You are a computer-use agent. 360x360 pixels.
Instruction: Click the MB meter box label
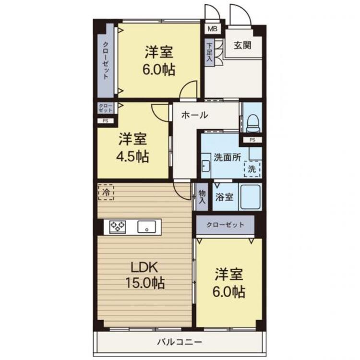coord(212,29)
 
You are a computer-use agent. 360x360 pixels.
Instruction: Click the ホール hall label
coord(194,115)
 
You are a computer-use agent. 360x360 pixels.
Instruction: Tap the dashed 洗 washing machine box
coord(252,169)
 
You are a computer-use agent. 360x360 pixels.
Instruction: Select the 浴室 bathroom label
coord(224,197)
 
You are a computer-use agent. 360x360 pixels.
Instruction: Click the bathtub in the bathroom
coord(250,196)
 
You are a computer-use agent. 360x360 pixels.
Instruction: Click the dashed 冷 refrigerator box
coord(106,192)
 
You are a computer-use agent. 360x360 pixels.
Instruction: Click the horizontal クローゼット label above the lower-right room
coord(225,224)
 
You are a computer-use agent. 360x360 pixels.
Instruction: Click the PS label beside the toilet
coord(252,140)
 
